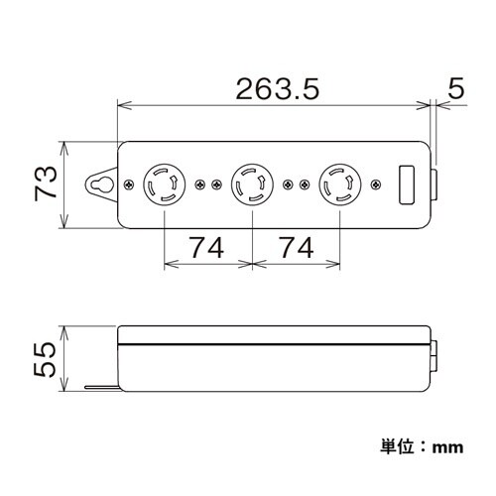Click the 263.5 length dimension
[x=275, y=91]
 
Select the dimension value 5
[x=455, y=89]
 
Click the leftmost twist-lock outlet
[x=164, y=186]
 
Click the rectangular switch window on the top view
[x=407, y=186]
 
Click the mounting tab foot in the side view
[x=99, y=388]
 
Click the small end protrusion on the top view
[x=437, y=186]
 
